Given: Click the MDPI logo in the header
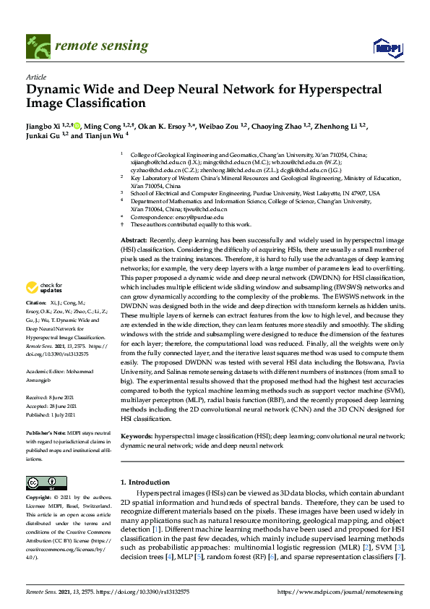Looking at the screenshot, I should coord(386,48).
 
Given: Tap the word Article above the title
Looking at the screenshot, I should coord(35,77).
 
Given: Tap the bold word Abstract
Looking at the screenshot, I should coord(134,239).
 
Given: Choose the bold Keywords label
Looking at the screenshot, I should coord(137,437).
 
